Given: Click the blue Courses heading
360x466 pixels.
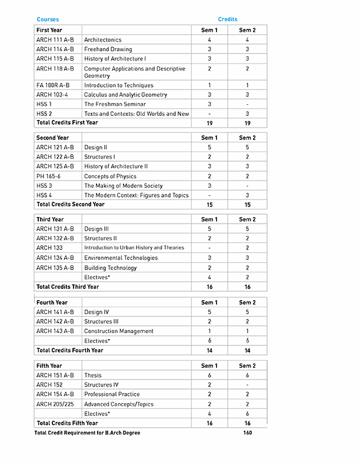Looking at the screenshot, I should (x=48, y=19).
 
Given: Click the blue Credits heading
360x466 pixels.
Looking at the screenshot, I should (x=228, y=19).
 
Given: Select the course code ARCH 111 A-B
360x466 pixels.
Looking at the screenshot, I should (x=55, y=39).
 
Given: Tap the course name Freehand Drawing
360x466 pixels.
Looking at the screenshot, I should (x=108, y=49).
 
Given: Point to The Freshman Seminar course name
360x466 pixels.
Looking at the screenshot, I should (x=114, y=104).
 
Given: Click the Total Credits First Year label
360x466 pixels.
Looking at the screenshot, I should (x=67, y=123).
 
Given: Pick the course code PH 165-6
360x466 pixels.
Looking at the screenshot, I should (x=48, y=176).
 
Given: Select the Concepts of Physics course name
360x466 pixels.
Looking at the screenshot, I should (x=110, y=176).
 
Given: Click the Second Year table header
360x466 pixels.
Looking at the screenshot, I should (x=52, y=138).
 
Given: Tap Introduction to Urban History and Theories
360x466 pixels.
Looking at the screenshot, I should (x=134, y=248).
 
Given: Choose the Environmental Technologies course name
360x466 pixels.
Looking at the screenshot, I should (x=121, y=258).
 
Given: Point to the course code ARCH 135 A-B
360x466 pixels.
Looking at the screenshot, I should (x=55, y=268).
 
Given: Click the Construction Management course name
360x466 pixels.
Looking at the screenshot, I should (x=119, y=331).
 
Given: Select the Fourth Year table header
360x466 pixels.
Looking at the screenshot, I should (x=52, y=302).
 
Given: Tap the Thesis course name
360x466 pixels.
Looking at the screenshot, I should (x=93, y=375).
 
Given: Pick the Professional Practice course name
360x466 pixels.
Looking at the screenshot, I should (x=112, y=394).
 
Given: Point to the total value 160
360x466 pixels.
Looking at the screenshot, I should (x=247, y=433).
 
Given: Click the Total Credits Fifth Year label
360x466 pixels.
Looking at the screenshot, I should (x=67, y=423).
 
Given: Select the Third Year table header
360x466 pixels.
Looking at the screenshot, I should (x=50, y=219).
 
